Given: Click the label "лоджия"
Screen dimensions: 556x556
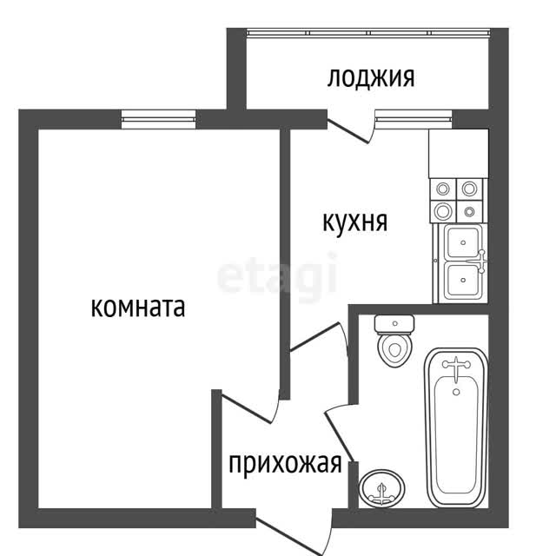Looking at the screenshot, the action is pyautogui.click(x=371, y=77).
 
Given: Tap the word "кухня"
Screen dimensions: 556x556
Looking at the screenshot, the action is pyautogui.click(x=355, y=223).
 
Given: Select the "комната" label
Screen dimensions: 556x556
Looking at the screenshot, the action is pyautogui.click(x=138, y=308).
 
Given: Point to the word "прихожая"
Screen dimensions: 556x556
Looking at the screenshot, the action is pyautogui.click(x=285, y=464).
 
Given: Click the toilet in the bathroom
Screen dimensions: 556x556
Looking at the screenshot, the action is pyautogui.click(x=394, y=341).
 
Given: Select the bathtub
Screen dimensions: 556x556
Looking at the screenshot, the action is pyautogui.click(x=457, y=427).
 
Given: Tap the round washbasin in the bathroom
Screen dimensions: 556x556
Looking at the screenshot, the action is pyautogui.click(x=381, y=488).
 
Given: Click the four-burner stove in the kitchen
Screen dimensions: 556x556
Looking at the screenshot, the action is pyautogui.click(x=457, y=201).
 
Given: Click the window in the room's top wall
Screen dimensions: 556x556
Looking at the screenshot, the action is pyautogui.click(x=158, y=120).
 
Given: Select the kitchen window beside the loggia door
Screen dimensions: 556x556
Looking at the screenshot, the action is pyautogui.click(x=414, y=120).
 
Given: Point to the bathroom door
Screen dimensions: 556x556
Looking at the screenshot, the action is pyautogui.click(x=339, y=434).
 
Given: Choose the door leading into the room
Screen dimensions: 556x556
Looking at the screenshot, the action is pyautogui.click(x=248, y=407).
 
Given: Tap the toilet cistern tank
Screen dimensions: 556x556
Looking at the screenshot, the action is pyautogui.click(x=394, y=324).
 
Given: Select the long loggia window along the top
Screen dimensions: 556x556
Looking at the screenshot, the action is pyautogui.click(x=368, y=33).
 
